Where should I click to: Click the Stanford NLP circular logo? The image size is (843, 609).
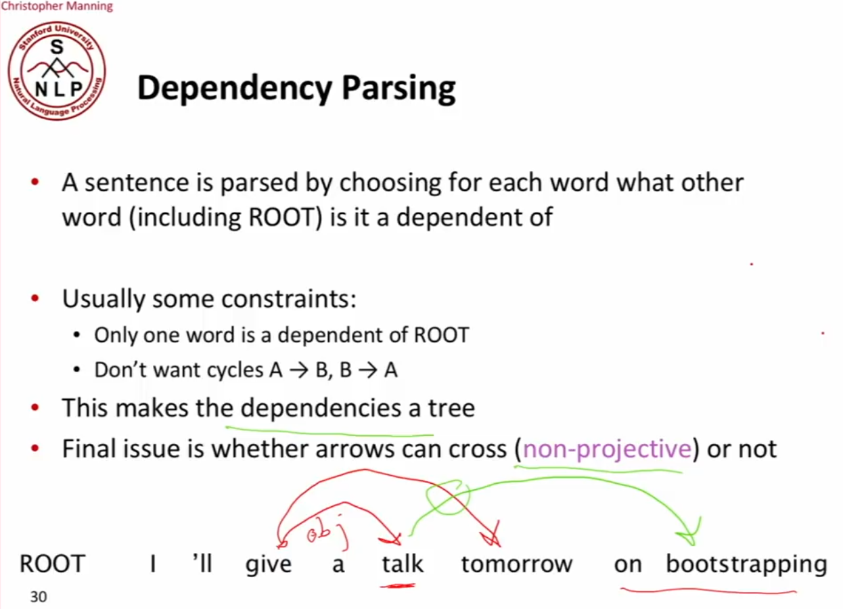[57, 71]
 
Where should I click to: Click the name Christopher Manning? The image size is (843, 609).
[57, 6]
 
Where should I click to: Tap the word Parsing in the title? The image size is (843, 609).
[398, 89]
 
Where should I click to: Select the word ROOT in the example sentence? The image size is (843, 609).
[52, 564]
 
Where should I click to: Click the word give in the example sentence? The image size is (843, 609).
[269, 564]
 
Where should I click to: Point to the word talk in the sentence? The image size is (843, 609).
[403, 564]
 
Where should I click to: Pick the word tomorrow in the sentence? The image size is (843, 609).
[517, 564]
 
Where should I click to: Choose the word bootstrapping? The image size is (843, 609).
[746, 564]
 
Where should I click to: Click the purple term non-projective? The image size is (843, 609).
[608, 449]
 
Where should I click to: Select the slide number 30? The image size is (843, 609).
[39, 597]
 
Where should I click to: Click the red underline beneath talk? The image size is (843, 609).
[397, 586]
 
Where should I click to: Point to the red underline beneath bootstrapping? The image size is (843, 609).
[708, 591]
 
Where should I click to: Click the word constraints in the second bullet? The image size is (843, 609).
[289, 299]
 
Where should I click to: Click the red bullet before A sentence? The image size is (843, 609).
[35, 183]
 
